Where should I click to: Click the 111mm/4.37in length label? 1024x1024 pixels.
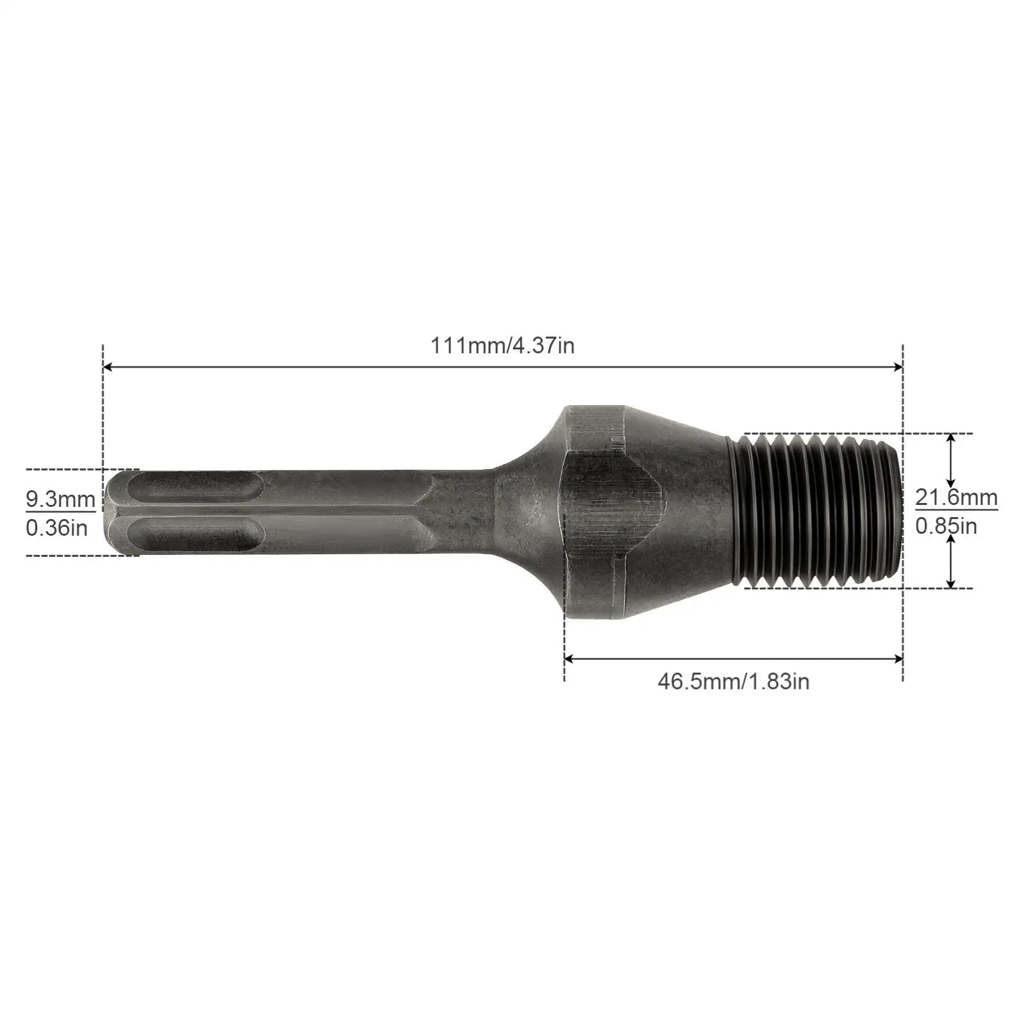502,346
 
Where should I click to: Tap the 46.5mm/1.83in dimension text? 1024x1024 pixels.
733,681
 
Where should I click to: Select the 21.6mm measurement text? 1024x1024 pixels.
956,497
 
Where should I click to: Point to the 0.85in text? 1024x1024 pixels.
946,526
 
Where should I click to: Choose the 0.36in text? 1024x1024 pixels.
56,529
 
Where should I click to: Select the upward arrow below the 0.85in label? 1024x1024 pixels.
951,542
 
